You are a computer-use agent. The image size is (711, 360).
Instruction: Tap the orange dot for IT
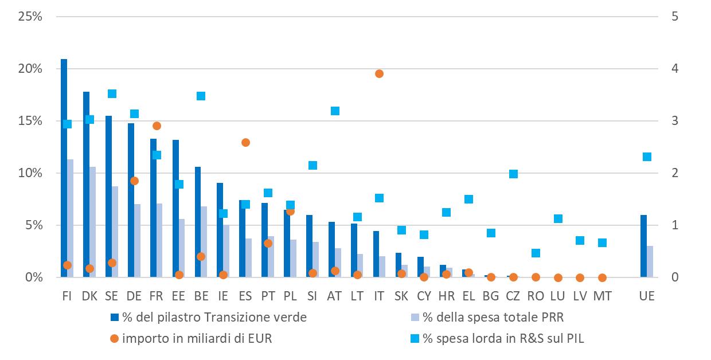pos(379,74)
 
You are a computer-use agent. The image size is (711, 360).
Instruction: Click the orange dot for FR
pos(157,126)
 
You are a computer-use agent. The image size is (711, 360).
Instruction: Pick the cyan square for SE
pos(112,94)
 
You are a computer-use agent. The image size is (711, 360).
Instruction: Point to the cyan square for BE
pos(201,96)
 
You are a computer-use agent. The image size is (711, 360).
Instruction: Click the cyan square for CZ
pos(514,174)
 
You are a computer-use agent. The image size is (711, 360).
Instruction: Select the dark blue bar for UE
pos(643,246)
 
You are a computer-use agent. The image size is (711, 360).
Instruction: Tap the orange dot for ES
pos(246,143)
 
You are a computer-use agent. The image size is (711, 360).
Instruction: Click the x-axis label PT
pos(268,296)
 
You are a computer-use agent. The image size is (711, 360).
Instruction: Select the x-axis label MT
pos(603,296)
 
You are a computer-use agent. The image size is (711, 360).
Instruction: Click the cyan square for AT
pos(335,111)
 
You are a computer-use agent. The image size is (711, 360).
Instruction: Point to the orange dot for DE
pos(134,181)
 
